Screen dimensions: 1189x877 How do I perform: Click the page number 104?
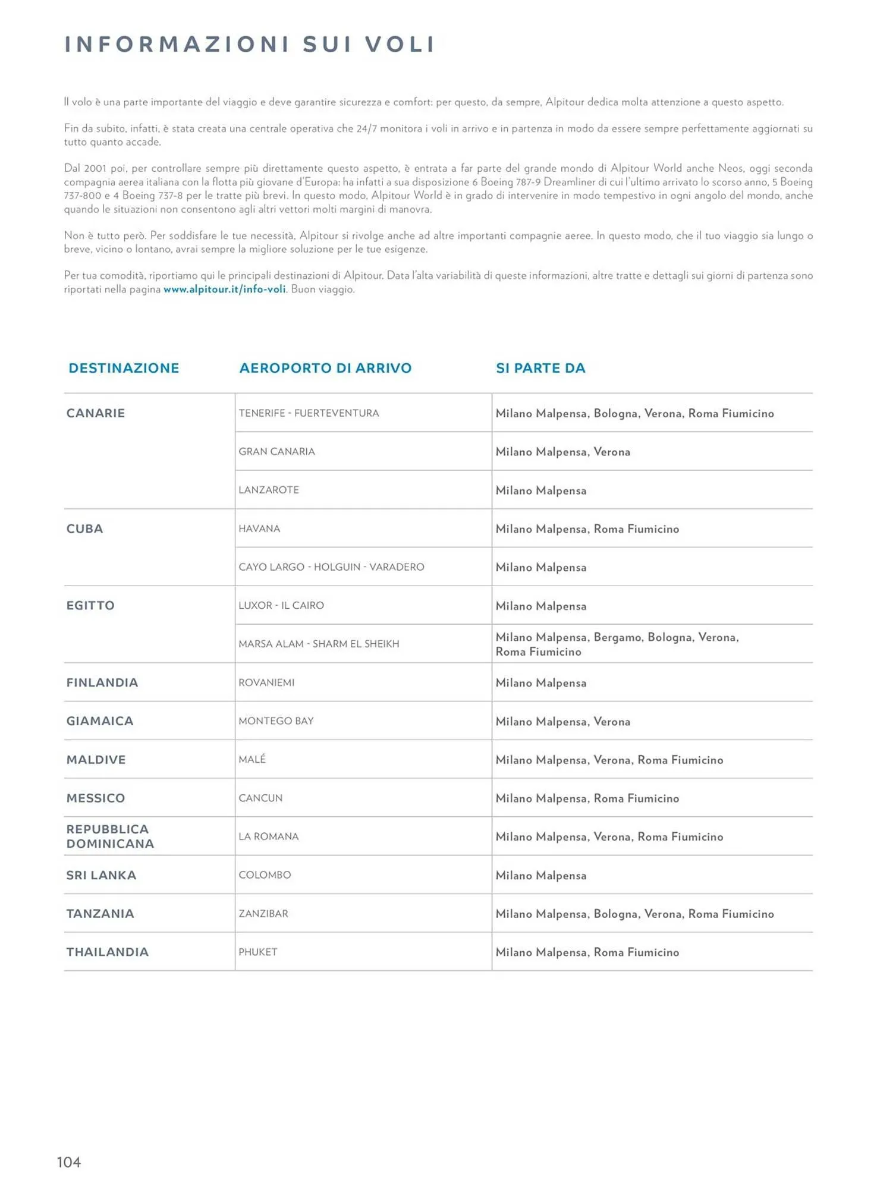pos(69,1162)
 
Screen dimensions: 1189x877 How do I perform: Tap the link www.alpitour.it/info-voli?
pos(224,290)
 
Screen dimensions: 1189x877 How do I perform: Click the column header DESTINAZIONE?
pos(124,368)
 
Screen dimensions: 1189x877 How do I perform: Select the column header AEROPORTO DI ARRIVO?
pos(325,368)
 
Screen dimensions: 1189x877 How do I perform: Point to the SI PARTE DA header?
pos(540,368)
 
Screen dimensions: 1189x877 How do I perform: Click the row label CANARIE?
pos(96,413)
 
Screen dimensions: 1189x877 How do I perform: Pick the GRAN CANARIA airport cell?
pos(276,452)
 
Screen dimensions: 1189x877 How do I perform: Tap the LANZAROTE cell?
pos(269,490)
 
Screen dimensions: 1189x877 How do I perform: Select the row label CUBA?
pos(84,529)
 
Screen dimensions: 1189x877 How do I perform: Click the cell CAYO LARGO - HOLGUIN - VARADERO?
pos(331,567)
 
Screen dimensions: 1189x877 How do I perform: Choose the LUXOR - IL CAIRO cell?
pos(281,605)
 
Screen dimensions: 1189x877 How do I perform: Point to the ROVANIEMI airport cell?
pos(266,682)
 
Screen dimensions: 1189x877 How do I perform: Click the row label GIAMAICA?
pos(100,721)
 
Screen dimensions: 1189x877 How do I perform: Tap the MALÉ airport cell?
pos(252,759)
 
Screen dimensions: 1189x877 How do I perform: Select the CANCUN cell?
pos(260,798)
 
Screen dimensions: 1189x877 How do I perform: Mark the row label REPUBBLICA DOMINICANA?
pos(110,836)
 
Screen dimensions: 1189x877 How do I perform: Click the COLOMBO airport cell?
pos(265,875)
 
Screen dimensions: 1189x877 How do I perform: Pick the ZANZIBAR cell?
pos(263,914)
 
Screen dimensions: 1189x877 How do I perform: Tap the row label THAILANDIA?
pos(108,952)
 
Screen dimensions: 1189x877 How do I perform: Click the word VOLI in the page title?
pos(400,45)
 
